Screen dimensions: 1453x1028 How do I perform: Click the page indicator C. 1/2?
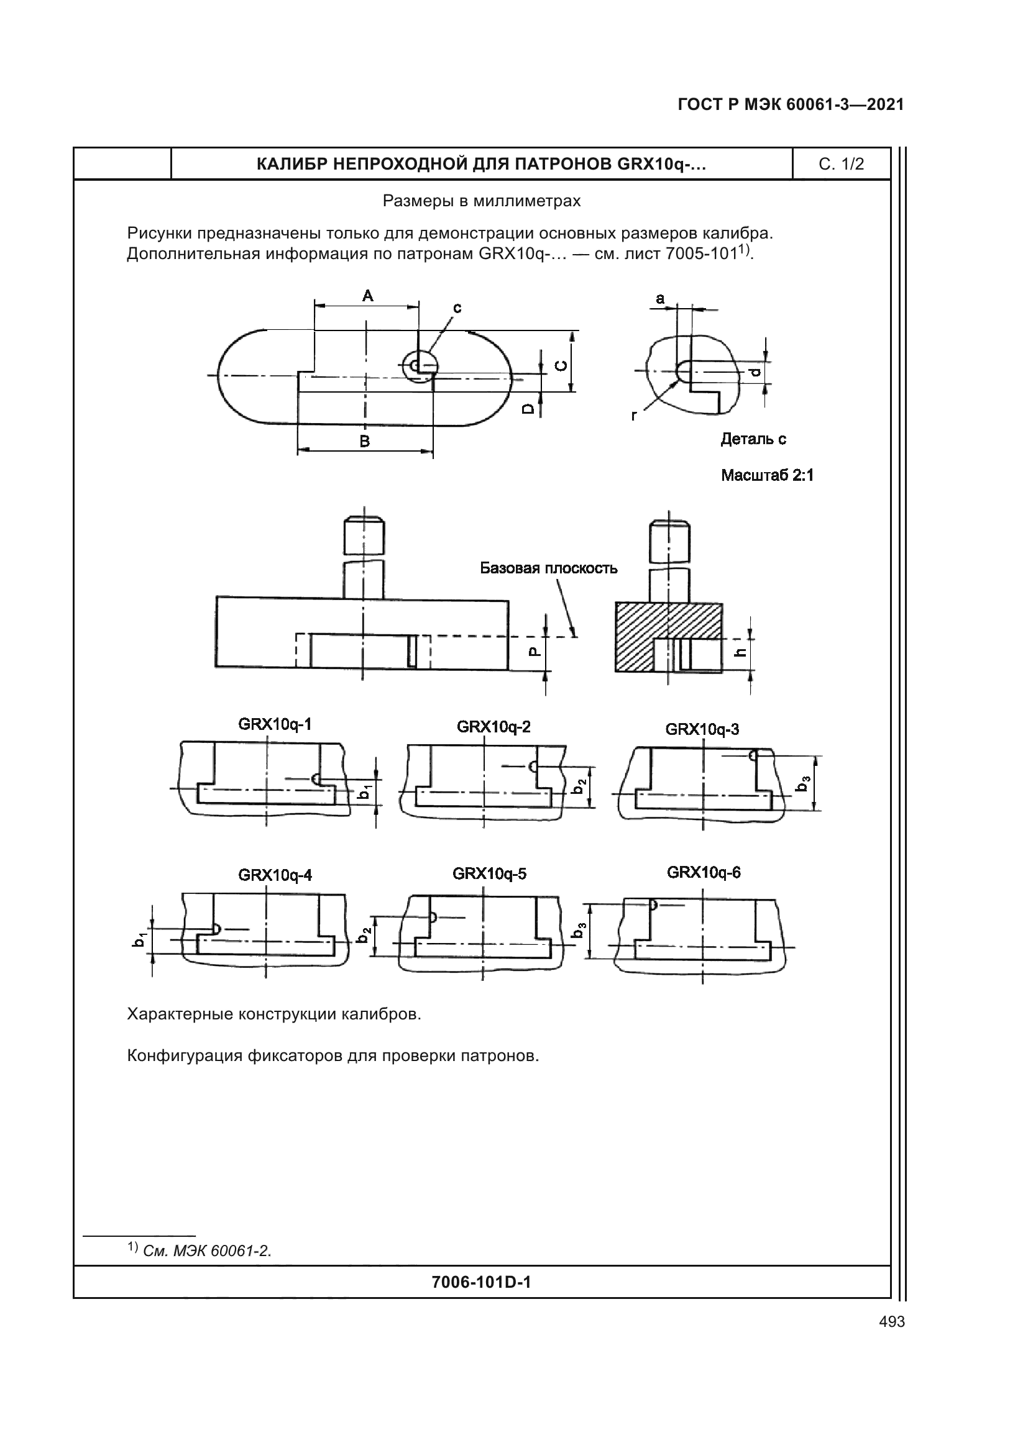[841, 165]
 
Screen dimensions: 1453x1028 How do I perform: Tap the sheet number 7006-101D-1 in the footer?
[481, 1282]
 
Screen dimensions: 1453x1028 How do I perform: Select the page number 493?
[892, 1321]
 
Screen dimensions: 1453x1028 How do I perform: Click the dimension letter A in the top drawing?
[367, 296]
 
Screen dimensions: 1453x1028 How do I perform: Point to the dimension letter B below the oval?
[365, 441]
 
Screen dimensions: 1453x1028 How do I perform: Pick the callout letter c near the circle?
[456, 308]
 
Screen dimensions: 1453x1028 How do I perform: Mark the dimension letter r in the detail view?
[633, 415]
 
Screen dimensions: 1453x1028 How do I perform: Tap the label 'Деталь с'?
[753, 439]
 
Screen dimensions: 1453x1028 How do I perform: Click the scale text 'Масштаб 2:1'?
[766, 475]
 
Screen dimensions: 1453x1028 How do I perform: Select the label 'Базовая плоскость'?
[548, 568]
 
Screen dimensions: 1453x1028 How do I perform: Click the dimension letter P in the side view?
[535, 651]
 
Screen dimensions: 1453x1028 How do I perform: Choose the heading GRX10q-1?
[275, 724]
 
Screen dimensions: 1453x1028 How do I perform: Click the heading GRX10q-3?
[702, 729]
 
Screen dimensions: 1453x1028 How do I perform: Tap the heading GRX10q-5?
[489, 874]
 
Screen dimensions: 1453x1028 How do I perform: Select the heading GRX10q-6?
[704, 873]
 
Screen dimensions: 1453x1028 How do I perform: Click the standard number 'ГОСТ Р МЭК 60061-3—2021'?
[791, 104]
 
